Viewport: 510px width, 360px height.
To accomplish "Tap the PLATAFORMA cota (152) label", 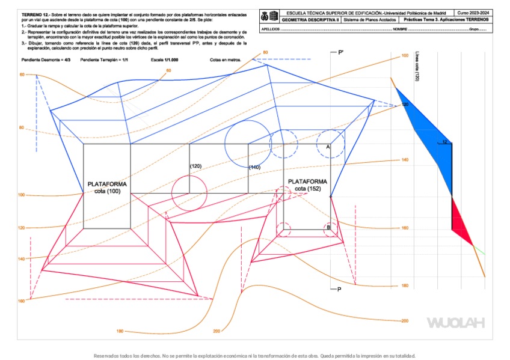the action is [x=307, y=185].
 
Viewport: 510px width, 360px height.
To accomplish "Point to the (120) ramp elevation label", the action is [x=195, y=166].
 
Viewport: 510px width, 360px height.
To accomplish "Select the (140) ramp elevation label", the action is [x=254, y=167].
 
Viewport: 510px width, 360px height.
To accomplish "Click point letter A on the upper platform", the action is [x=328, y=147].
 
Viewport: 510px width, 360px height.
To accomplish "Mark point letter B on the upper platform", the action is [x=328, y=228].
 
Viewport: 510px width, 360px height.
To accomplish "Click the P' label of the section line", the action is [x=341, y=53].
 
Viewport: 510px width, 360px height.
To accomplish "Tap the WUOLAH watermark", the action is [x=455, y=323].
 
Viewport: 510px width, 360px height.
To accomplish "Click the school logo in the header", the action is [x=269, y=16].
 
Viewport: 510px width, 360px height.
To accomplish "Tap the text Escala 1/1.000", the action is [x=165, y=61].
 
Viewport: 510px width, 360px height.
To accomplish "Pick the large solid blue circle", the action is [x=248, y=144].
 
